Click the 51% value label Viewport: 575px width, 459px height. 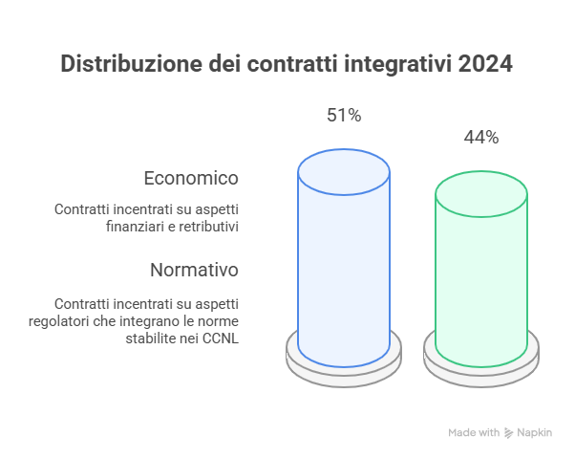point(344,116)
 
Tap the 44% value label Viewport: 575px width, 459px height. point(481,138)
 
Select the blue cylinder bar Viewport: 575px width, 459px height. point(344,268)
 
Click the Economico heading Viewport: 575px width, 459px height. point(191,178)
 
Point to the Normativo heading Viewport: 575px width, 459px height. point(194,270)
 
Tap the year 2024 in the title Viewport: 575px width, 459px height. point(484,64)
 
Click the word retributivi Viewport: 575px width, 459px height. point(204,228)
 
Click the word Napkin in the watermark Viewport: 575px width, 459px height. point(534,433)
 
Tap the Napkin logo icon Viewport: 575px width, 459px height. point(509,433)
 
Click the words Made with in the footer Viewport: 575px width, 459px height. point(474,433)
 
